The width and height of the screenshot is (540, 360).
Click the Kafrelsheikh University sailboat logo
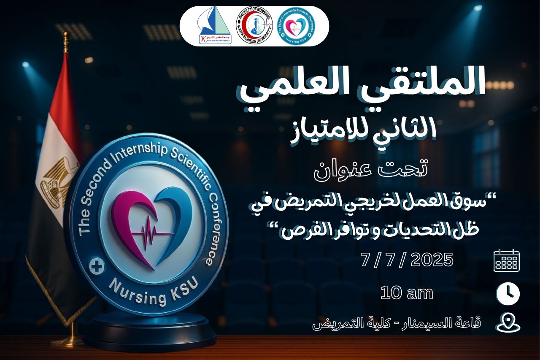coord(215,26)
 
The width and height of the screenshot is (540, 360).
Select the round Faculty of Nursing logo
coord(254,26)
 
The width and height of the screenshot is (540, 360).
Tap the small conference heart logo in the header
coord(298,26)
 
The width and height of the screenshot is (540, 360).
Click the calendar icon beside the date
coord(507,260)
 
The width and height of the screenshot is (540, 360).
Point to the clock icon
coord(508,293)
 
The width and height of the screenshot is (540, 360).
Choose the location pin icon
coord(508,323)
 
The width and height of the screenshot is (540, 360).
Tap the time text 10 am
coord(407,293)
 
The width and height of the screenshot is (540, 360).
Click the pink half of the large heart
coord(131,224)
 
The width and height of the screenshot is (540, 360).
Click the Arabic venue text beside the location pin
coord(397,324)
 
